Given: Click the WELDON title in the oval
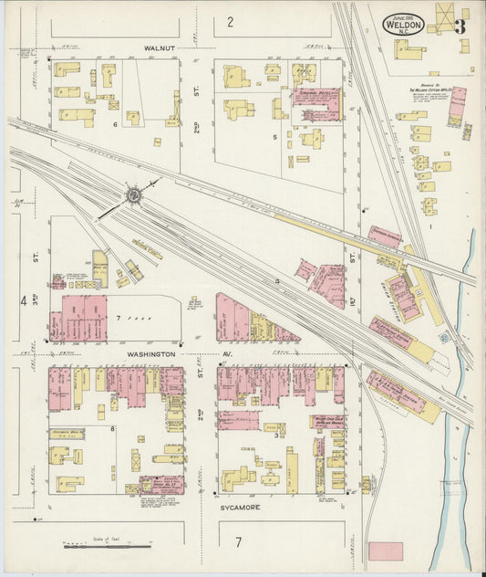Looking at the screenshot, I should [402, 26].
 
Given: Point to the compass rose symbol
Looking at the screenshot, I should [134, 194].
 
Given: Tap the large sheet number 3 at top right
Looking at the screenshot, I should [460, 26].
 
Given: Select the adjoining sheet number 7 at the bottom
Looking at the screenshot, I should [239, 542].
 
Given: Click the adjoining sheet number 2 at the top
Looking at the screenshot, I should [231, 21].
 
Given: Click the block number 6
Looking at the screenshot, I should [115, 123].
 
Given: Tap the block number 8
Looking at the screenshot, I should [112, 426].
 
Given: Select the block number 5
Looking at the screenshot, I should [274, 137].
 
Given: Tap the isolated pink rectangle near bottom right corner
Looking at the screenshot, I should [385, 551].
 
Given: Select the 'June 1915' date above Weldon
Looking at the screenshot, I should [402, 16].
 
